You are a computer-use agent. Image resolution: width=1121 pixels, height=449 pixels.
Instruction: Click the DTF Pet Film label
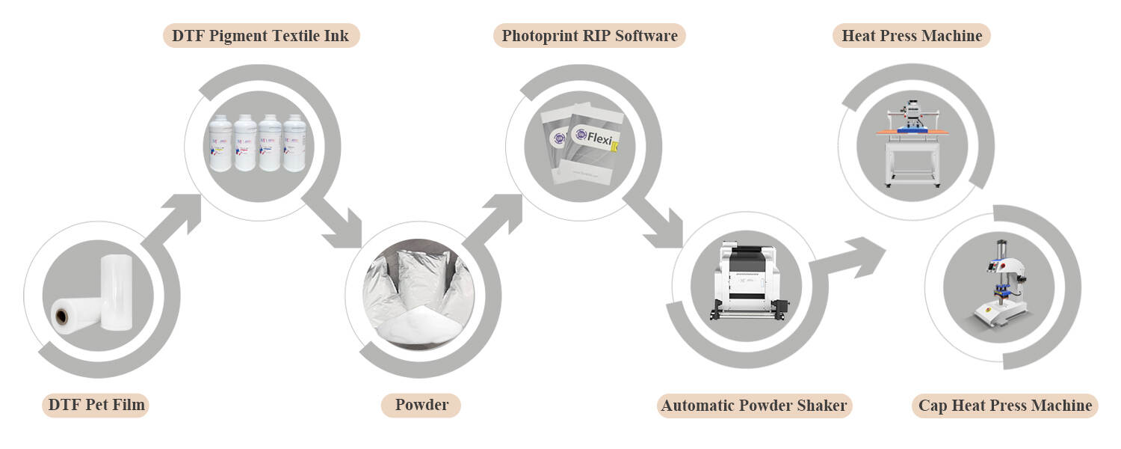point(95,406)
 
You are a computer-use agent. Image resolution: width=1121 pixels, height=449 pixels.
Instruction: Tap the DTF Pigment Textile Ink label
point(261,35)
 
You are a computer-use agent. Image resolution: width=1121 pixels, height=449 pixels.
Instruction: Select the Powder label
point(421,406)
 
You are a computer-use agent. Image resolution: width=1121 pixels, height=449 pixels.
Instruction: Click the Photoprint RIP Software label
point(589,35)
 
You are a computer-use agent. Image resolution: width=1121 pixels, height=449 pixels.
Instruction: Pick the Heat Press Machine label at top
point(911,35)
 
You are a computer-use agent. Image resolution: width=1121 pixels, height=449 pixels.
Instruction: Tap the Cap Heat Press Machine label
point(1004,406)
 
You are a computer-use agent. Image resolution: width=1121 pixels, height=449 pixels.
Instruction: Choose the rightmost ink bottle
point(293,143)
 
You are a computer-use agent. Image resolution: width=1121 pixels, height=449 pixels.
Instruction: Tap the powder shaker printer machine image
point(747,284)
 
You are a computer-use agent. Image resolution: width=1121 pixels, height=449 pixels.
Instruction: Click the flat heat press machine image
point(911,142)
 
